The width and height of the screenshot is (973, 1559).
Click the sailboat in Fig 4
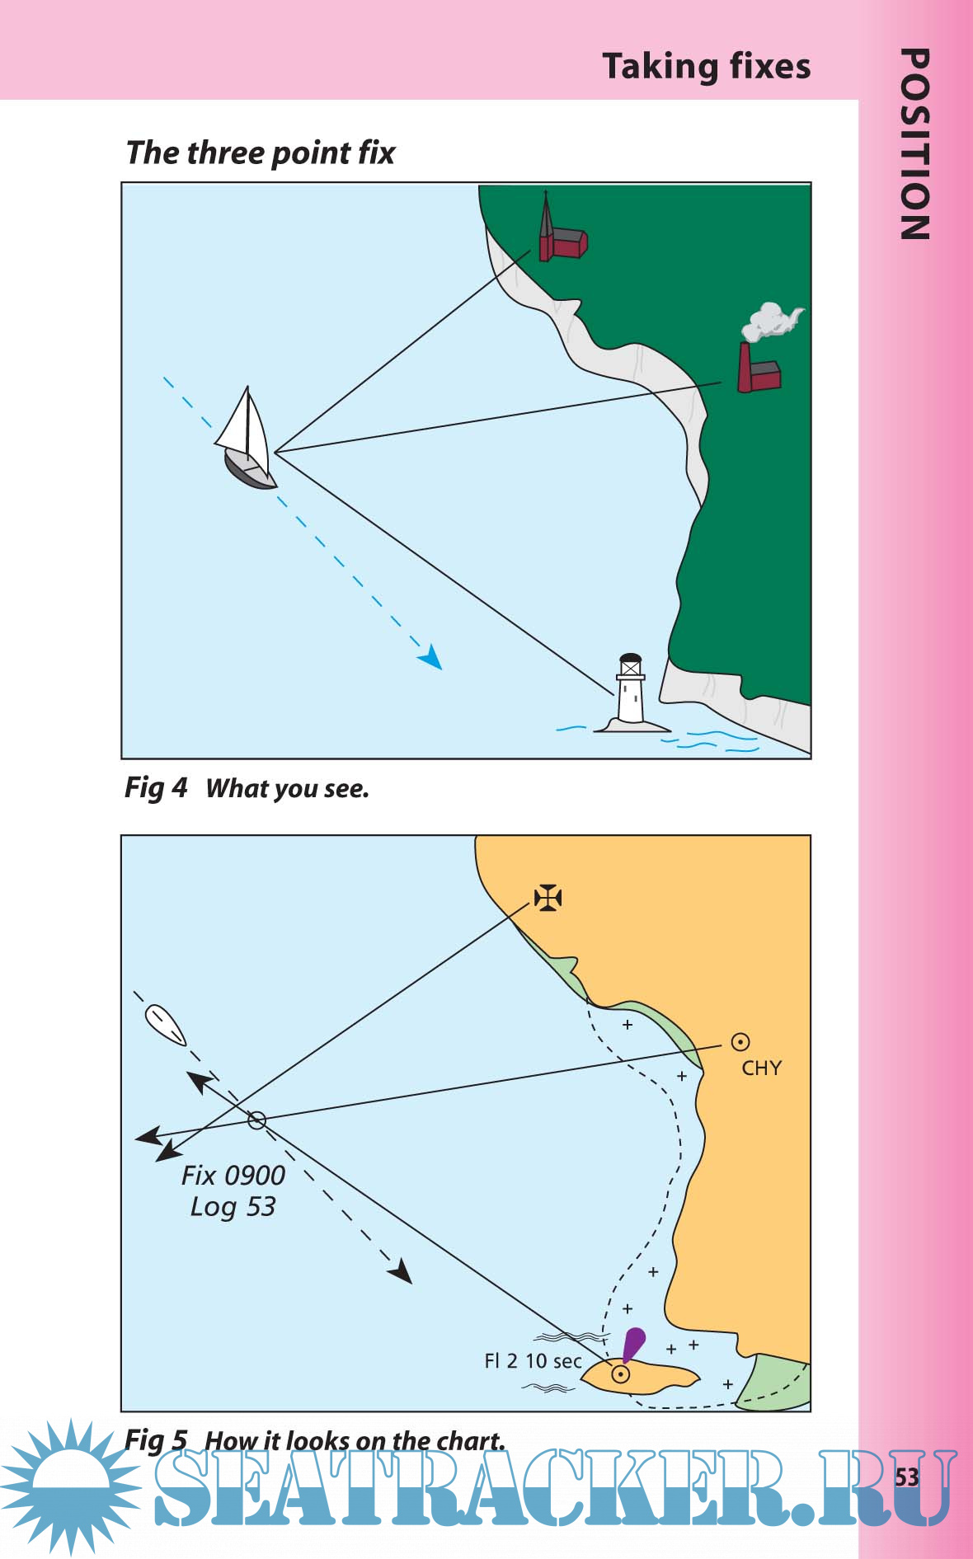[x=247, y=445]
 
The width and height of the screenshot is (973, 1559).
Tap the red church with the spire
[x=560, y=234]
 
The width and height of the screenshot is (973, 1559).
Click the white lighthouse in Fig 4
[x=631, y=693]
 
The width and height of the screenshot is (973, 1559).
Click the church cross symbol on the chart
[x=548, y=897]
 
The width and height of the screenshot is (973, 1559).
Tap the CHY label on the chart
[x=761, y=1068]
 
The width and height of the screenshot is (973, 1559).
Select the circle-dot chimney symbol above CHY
[x=740, y=1042]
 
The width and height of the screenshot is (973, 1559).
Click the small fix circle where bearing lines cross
[x=256, y=1120]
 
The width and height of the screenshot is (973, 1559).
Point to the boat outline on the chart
[x=165, y=1026]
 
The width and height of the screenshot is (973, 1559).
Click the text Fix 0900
[x=233, y=1175]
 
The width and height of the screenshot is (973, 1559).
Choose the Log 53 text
[x=233, y=1207]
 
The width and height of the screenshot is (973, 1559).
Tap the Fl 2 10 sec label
[x=533, y=1361]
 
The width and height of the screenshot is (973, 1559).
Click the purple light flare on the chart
[x=633, y=1343]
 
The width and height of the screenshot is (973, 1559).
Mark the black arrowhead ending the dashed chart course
[x=402, y=1272]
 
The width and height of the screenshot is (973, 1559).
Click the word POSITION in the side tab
[x=915, y=144]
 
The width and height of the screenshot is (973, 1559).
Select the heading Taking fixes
[x=707, y=66]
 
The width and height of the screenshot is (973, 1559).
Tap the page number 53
[x=907, y=1477]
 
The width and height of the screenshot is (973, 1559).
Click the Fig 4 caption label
[x=156, y=788]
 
